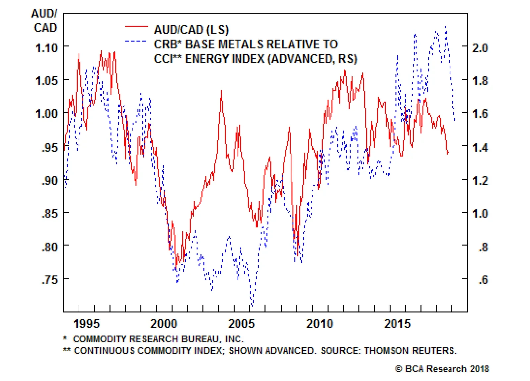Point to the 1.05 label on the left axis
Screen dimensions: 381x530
[x=46, y=81]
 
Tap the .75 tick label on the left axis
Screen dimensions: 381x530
[x=49, y=280]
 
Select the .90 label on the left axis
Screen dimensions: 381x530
[x=49, y=181]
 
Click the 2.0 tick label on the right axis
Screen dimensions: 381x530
[x=480, y=48]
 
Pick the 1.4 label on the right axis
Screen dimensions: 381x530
[x=480, y=147]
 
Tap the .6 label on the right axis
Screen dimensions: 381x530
[x=483, y=280]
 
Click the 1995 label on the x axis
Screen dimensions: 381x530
[x=86, y=323]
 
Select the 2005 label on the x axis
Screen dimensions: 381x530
[x=241, y=323]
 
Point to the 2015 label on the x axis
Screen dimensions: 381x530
[x=397, y=323]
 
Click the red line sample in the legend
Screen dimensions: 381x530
[x=136, y=27]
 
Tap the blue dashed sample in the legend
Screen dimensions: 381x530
[x=136, y=41]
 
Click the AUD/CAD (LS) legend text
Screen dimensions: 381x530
[x=191, y=30]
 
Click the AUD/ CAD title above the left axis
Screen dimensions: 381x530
[x=45, y=21]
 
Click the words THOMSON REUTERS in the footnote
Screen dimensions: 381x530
[x=410, y=351]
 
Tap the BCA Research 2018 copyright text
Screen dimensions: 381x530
[x=442, y=369]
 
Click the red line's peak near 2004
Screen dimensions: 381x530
[x=221, y=91]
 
